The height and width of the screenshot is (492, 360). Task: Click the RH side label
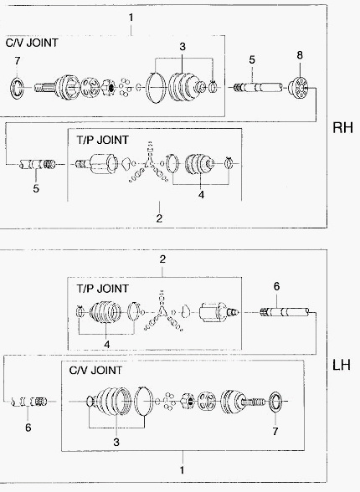342,128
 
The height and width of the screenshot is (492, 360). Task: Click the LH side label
342,365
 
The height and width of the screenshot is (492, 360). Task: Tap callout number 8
300,55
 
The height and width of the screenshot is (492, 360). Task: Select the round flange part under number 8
299,88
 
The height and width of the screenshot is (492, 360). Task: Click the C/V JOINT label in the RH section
32,43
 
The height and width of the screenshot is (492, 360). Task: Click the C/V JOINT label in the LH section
95,370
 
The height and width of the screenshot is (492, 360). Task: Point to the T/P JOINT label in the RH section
103,140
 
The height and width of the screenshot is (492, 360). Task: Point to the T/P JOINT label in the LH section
103,289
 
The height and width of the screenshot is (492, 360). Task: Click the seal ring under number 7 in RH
17,87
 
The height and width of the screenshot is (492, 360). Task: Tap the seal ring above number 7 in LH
276,401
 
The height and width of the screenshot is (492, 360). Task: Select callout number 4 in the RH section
201,194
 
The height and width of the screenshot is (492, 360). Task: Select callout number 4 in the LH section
107,344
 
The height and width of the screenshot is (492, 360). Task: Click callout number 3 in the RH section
183,47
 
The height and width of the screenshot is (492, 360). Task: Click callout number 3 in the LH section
116,442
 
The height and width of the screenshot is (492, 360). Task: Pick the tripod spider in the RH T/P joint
149,163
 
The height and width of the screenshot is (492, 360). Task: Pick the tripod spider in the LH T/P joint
162,311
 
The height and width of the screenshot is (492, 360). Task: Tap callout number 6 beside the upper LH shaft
276,286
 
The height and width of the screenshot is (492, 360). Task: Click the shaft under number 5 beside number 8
258,87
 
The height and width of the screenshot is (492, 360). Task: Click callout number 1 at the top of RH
131,18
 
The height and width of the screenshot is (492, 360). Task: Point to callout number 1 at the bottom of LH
182,470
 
